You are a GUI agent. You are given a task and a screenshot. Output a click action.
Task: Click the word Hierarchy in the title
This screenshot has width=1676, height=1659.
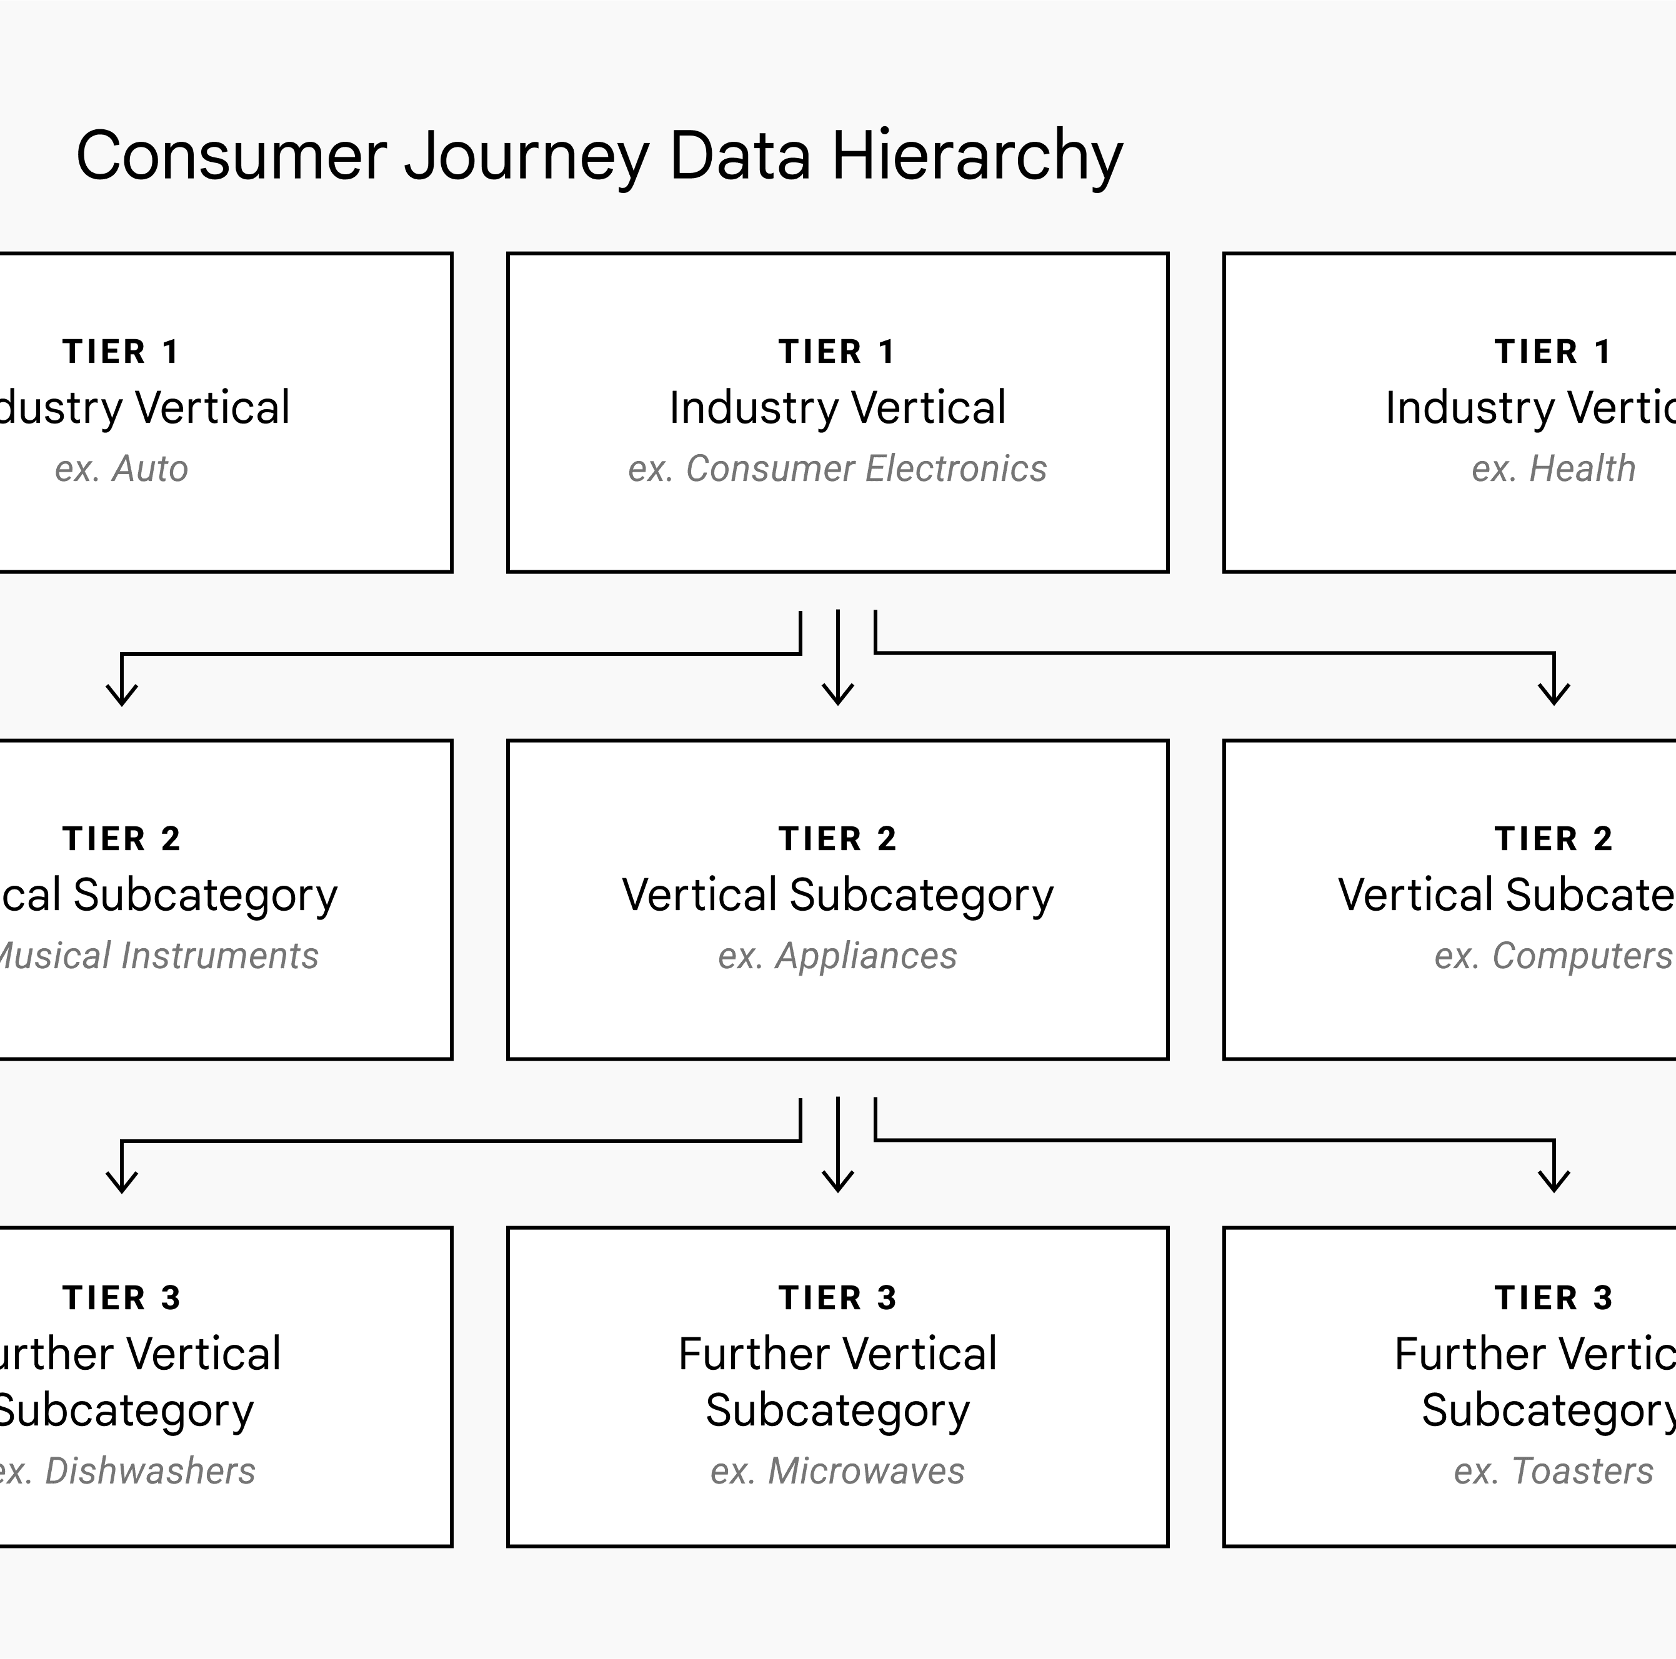(977, 156)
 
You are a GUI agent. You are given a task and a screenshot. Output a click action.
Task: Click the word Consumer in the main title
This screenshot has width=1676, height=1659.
(231, 156)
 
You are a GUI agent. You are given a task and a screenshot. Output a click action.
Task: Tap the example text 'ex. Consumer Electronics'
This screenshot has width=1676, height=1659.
(837, 469)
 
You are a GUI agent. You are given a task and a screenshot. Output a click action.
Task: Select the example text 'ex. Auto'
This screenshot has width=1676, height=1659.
(121, 469)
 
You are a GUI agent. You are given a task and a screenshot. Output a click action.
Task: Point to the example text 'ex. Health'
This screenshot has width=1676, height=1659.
(1553, 469)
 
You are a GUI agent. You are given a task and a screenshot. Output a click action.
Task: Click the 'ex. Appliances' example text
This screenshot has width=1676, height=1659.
(837, 956)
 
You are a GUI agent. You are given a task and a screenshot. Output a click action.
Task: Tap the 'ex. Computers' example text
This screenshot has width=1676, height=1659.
(1553, 956)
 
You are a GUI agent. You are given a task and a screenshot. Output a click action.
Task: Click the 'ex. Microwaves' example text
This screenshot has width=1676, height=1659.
(837, 1472)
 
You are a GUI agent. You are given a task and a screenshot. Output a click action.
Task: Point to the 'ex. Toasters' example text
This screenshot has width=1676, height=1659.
(1553, 1472)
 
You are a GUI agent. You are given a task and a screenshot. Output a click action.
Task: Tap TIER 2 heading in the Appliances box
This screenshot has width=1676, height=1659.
(837, 839)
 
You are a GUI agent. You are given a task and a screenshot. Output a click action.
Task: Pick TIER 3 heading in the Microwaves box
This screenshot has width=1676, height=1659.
(837, 1298)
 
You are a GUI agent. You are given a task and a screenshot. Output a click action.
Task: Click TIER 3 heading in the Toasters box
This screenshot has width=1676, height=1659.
(1553, 1298)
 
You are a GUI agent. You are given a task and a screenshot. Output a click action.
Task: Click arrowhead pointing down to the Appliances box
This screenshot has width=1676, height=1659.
(837, 695)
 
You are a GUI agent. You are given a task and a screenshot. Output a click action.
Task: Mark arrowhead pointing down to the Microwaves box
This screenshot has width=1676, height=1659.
(837, 1182)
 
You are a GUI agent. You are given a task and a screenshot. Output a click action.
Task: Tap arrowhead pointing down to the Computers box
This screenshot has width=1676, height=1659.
(1554, 695)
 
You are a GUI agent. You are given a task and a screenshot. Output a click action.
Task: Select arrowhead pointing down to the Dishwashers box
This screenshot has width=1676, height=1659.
(121, 1182)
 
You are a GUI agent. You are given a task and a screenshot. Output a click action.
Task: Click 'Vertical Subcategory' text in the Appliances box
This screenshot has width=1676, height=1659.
(837, 896)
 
